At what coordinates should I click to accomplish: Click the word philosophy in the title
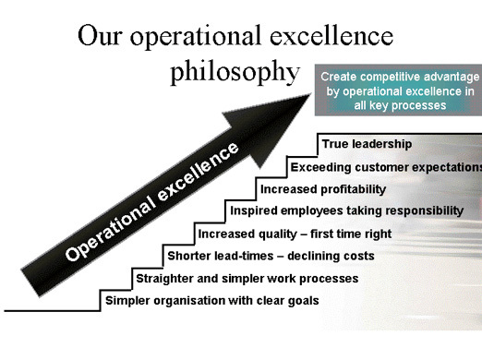(235, 72)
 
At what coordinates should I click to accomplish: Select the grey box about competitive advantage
(399, 90)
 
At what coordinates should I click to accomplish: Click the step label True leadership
(368, 144)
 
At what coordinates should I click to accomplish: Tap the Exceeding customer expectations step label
(386, 167)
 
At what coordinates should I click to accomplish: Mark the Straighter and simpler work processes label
(247, 278)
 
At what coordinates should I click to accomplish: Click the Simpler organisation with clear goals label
(211, 300)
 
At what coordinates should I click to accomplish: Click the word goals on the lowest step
(301, 301)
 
